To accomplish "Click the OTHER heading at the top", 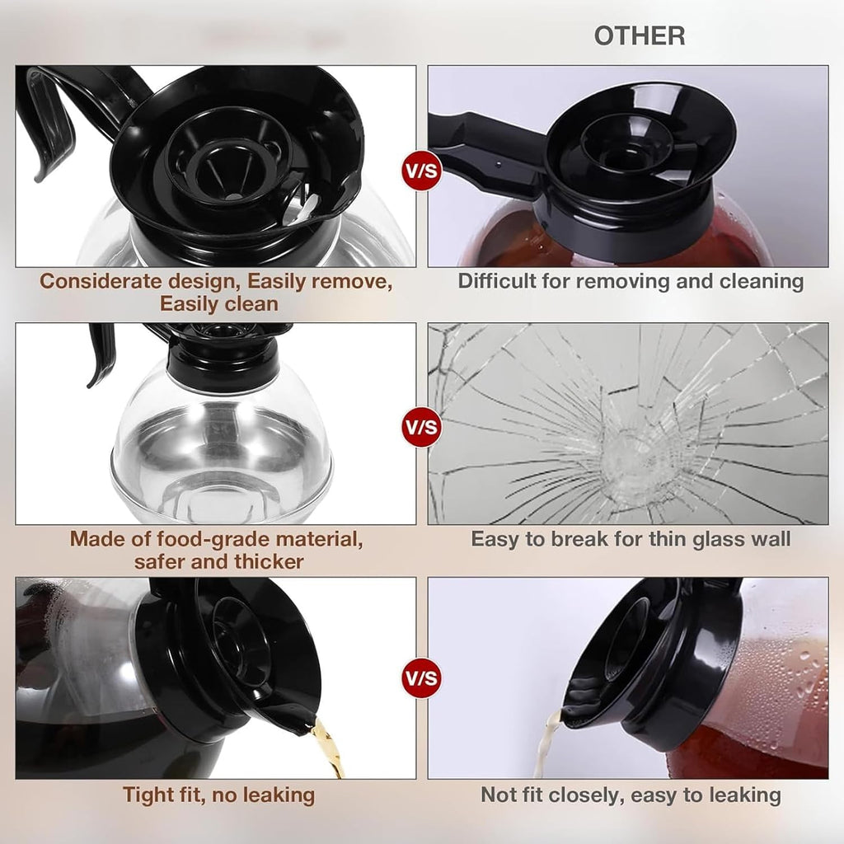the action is tap(640, 36).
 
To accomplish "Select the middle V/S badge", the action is tap(422, 427).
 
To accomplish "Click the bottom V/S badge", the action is tap(422, 678).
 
